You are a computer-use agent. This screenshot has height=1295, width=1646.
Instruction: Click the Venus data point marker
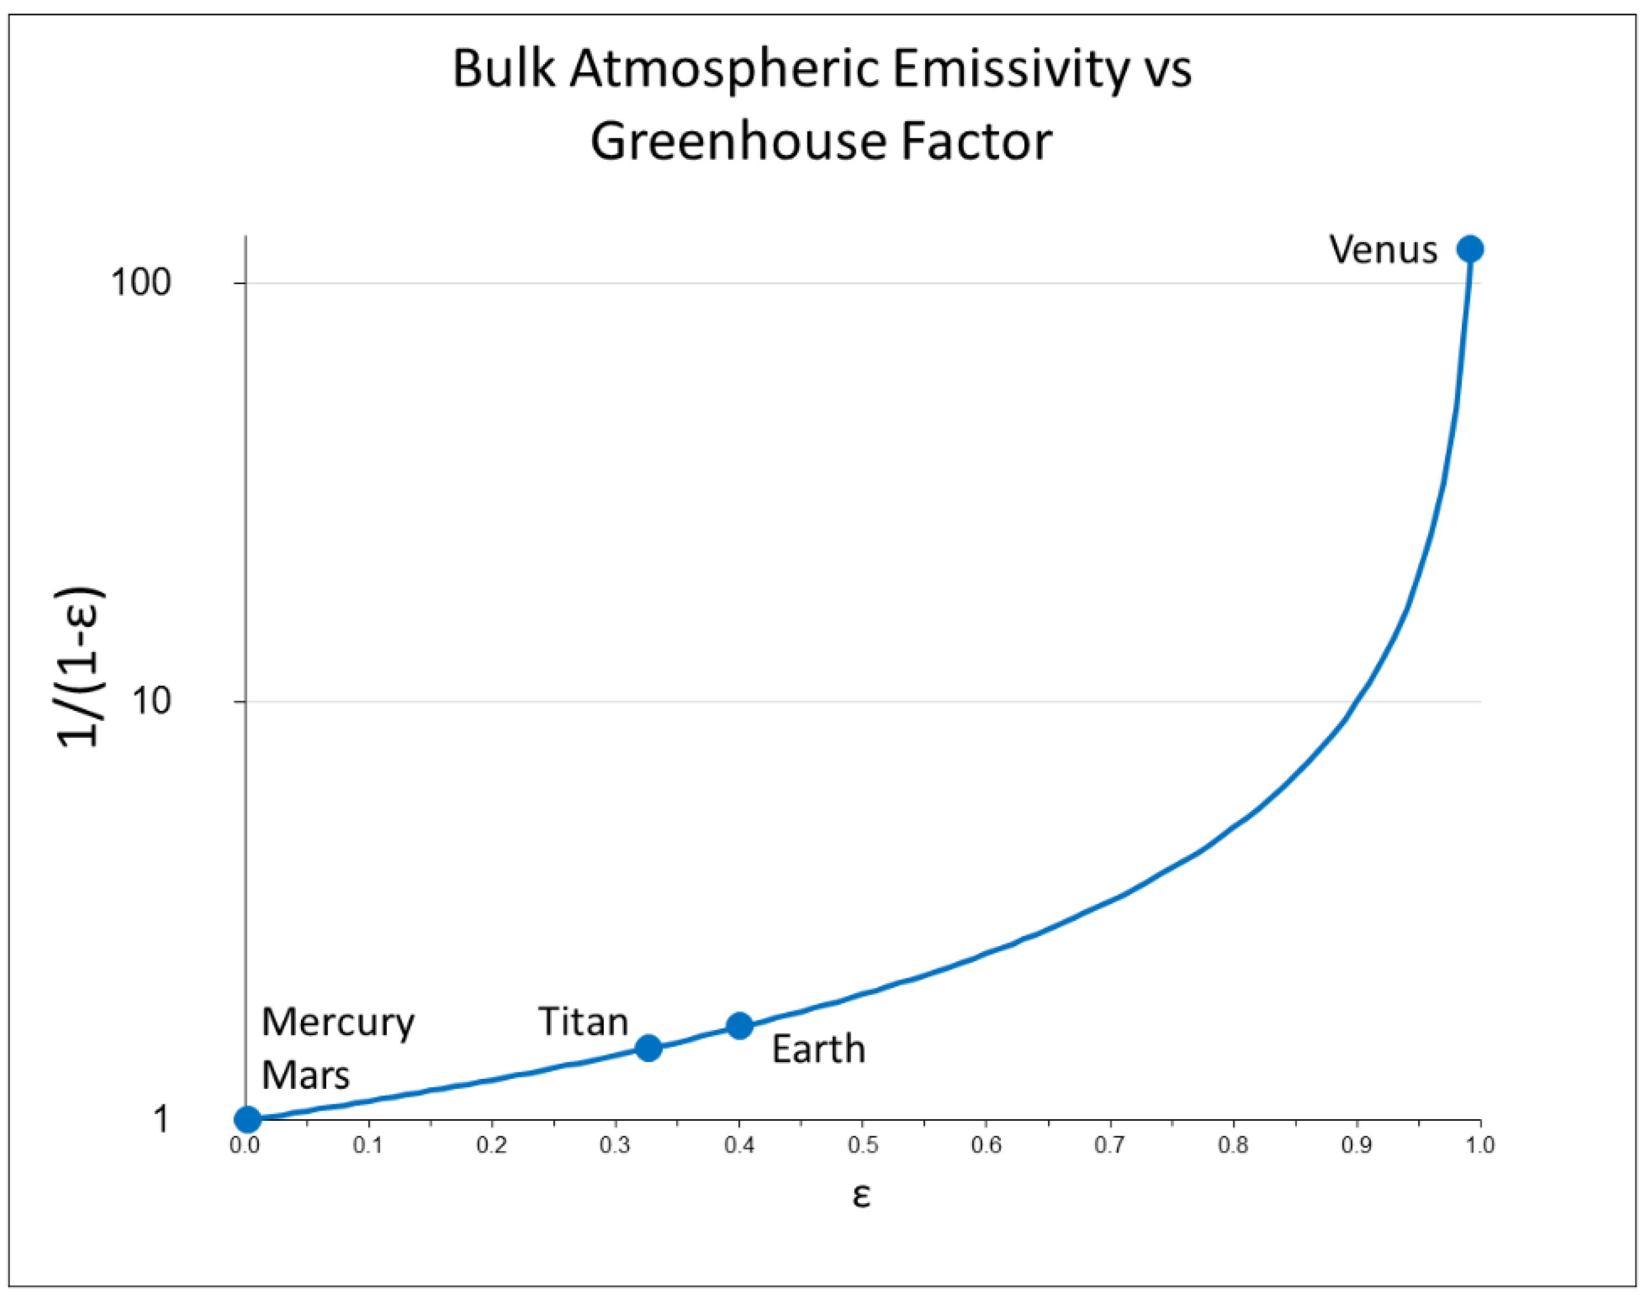[x=1470, y=249]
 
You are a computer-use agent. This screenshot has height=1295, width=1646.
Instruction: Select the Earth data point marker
[x=740, y=1026]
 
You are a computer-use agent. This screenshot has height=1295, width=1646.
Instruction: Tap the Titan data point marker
[x=648, y=1048]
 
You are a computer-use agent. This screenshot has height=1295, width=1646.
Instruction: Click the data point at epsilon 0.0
[x=247, y=1119]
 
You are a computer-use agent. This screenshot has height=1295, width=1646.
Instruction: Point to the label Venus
[x=1383, y=249]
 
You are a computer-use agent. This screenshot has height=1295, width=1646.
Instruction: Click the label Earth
[x=818, y=1049]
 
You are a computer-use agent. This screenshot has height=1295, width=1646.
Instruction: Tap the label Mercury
[x=337, y=1023]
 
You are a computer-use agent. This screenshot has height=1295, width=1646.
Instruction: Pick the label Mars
[x=305, y=1074]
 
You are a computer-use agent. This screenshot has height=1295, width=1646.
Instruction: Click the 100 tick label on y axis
[x=141, y=282]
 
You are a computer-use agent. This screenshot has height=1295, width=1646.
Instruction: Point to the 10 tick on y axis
[x=151, y=701]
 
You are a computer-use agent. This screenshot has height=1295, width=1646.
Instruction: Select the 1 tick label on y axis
[x=161, y=1119]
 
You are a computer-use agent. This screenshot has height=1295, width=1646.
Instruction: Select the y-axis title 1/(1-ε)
[x=80, y=667]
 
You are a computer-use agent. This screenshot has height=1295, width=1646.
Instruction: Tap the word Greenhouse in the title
[x=731, y=141]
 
